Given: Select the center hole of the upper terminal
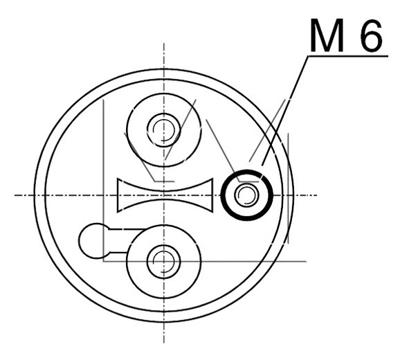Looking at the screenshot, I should click(x=164, y=129).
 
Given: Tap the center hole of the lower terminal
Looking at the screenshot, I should click(x=164, y=261).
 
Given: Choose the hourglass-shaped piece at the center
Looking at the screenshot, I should click(x=164, y=195).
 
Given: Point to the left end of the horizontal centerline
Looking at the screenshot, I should click(x=15, y=195).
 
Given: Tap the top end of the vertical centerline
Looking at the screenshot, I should click(x=164, y=44).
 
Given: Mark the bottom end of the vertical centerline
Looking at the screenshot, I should click(x=164, y=345).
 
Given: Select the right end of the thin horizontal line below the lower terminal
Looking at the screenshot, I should click(x=306, y=261).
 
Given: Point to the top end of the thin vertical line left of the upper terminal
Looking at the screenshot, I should click(x=103, y=99).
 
